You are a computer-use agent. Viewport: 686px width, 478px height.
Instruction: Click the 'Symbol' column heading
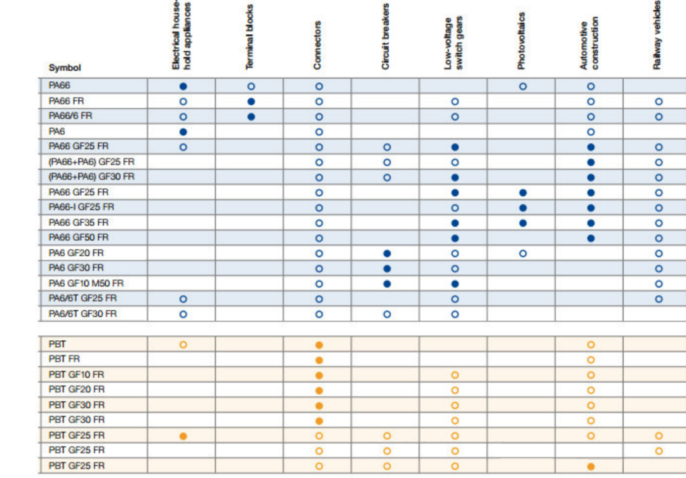(65, 68)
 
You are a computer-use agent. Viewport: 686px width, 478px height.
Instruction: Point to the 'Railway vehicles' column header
(657, 35)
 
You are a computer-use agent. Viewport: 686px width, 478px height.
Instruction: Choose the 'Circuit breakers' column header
(386, 37)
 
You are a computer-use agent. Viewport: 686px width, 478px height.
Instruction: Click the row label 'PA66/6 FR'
(71, 116)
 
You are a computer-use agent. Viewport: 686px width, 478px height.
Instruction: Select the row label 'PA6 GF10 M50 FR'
(86, 283)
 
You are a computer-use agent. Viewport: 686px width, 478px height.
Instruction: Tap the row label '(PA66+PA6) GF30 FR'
(91, 176)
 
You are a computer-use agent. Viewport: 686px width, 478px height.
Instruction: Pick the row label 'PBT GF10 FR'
(77, 375)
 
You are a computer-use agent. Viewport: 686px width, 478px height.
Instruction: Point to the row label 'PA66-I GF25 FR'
(81, 207)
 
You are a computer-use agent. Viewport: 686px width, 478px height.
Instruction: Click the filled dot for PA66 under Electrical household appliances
(183, 86)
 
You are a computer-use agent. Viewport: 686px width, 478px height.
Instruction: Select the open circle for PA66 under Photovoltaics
(523, 86)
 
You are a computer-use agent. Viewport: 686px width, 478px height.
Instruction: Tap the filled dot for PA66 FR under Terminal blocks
(251, 102)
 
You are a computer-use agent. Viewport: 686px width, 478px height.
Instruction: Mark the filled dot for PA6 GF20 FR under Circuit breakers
(387, 253)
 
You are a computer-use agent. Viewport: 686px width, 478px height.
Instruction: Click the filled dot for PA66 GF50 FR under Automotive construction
(591, 238)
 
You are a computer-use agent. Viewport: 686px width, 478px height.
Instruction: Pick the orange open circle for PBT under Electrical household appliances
(183, 345)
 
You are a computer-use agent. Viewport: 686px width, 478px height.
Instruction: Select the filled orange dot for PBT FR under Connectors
(319, 360)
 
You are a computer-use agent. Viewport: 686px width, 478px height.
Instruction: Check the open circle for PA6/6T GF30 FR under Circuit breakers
(387, 314)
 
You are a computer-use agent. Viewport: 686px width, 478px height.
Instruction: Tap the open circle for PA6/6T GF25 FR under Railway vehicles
(659, 299)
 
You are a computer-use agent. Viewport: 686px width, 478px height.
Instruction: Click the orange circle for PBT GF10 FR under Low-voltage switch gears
(455, 375)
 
